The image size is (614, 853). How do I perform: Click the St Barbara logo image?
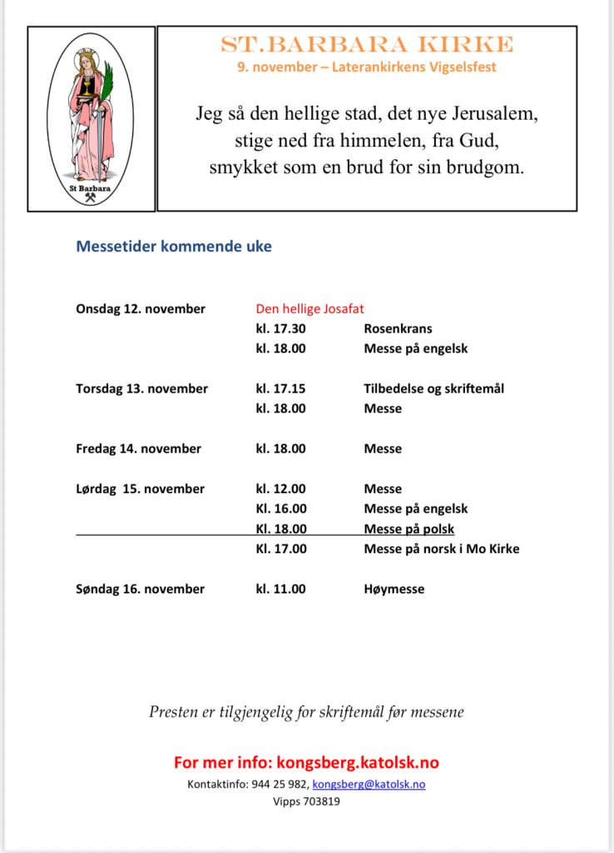91,117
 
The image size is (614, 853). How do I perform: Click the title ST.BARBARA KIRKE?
367,45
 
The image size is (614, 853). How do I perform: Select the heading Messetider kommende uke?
174,247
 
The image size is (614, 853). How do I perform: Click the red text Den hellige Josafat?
309,309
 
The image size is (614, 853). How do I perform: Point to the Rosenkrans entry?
398,329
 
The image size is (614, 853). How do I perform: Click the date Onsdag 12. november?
141,309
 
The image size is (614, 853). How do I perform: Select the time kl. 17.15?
280,389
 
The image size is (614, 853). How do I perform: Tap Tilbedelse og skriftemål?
433,389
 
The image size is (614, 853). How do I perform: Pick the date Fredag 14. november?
138,449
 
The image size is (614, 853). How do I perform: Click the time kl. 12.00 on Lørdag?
280,489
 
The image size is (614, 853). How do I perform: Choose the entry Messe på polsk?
409,529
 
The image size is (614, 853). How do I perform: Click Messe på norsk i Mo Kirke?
441,549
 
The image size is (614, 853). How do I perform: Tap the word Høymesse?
394,589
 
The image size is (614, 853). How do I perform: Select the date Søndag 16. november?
140,589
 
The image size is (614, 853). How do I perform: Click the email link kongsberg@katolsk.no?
369,785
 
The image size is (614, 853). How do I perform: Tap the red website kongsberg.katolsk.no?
358,762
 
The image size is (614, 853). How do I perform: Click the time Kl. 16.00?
280,509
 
